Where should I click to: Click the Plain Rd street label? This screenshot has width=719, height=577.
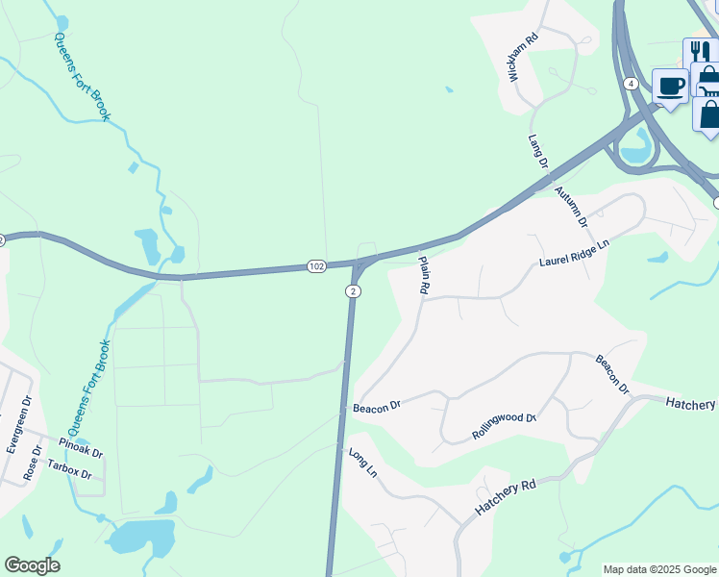(x=422, y=274)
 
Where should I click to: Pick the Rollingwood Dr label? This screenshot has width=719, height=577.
(x=504, y=426)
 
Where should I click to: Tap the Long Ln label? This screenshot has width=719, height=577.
(x=363, y=464)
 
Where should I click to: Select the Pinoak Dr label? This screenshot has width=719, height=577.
(x=81, y=447)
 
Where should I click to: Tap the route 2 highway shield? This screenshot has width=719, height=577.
(x=354, y=291)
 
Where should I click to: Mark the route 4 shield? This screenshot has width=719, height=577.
(x=631, y=84)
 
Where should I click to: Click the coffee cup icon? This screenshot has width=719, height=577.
(x=670, y=87)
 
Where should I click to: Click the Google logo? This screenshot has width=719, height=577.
(x=32, y=565)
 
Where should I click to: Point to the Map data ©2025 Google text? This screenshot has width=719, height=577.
(x=658, y=569)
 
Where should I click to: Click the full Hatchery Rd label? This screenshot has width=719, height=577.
(x=503, y=500)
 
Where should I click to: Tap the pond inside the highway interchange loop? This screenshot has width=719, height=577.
(x=635, y=146)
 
